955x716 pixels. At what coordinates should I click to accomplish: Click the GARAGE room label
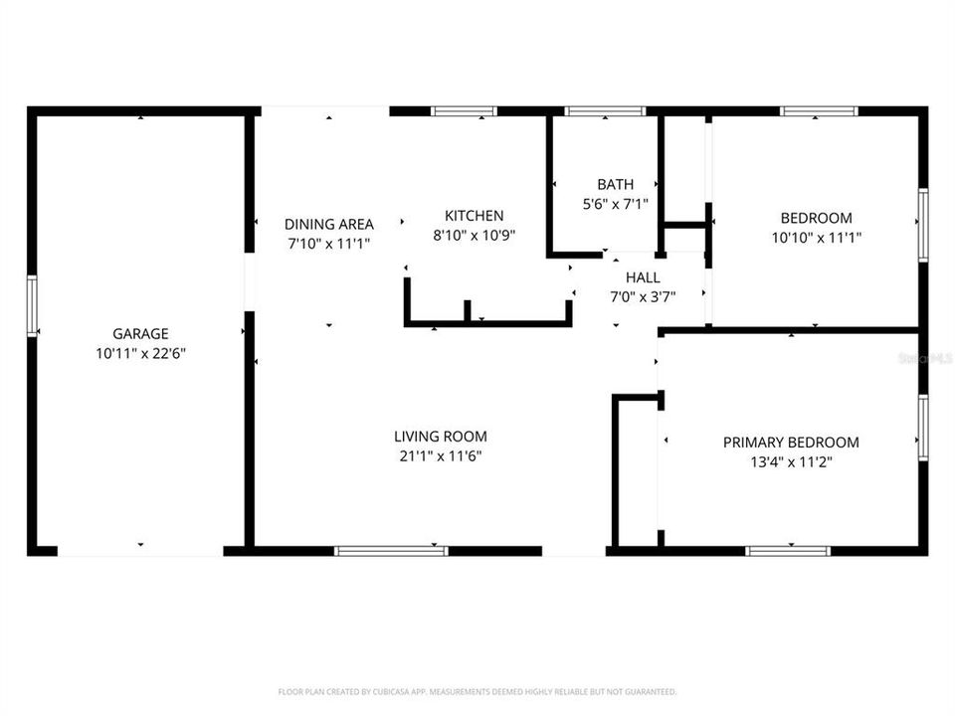pos(140,334)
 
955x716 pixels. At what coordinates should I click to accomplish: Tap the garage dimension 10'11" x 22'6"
pos(140,353)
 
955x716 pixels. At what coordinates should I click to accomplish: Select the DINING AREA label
pos(329,224)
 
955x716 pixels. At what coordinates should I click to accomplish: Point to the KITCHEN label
pos(474,215)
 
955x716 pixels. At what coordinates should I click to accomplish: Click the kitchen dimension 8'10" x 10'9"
pos(474,235)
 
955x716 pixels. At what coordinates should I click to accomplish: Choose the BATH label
pos(615,184)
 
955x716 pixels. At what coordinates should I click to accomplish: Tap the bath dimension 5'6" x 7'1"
pos(615,203)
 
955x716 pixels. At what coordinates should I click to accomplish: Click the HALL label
pos(643,277)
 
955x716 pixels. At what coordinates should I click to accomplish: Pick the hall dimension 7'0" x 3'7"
pos(643,296)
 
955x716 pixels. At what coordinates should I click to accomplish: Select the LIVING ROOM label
pos(441,436)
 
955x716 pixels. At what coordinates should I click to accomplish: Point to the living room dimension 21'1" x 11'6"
pos(441,455)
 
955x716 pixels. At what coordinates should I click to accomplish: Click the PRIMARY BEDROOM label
pos(791,443)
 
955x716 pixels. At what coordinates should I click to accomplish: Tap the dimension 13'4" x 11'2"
pos(791,461)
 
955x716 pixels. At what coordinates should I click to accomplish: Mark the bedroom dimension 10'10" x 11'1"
pos(816,238)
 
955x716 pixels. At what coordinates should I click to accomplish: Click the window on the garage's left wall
pos(32,306)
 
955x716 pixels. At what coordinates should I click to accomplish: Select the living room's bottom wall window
pos(391,550)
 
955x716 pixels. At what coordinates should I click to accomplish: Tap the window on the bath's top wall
pos(604,111)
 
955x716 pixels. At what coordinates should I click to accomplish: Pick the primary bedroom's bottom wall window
pos(788,550)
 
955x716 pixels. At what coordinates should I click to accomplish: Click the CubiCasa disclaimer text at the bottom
pos(477,691)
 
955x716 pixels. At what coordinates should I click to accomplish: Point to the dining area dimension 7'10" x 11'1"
pos(329,243)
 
